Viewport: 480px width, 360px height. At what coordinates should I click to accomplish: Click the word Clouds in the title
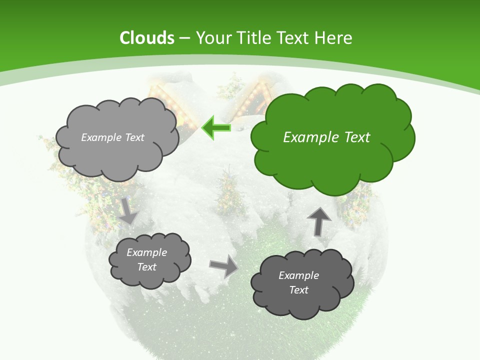[147, 38]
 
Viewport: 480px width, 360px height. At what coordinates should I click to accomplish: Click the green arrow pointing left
[216, 128]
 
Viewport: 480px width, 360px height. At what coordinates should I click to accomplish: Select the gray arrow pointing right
[223, 265]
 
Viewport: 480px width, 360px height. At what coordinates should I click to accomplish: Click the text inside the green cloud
[326, 137]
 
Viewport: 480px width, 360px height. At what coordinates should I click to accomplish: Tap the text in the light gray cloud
[112, 137]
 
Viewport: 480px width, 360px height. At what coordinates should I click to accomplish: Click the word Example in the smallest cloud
[146, 252]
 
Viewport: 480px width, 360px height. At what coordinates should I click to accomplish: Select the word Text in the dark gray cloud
[298, 290]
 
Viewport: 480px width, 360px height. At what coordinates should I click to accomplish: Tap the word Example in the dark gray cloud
[298, 275]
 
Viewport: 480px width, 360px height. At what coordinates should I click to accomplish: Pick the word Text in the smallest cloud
[146, 267]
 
